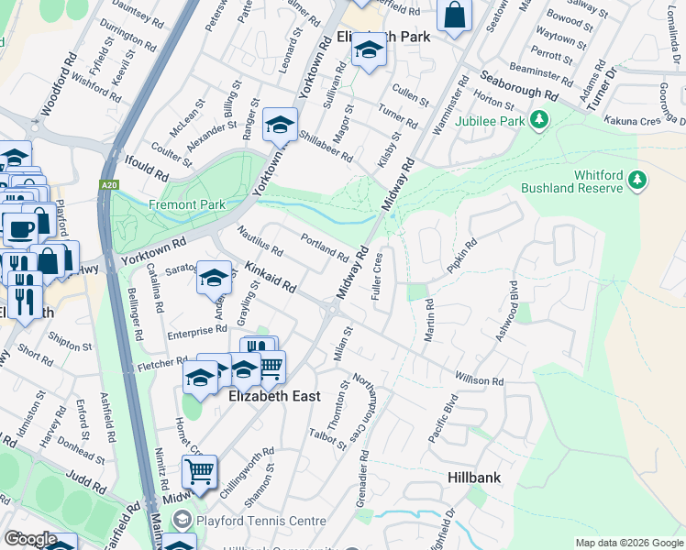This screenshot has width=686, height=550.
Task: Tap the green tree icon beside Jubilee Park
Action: [540, 119]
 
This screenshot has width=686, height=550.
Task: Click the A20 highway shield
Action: [109, 185]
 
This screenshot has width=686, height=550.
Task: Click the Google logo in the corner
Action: [30, 539]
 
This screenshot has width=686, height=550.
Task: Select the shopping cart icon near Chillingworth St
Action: [199, 472]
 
